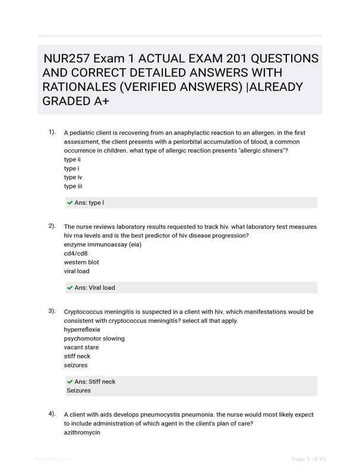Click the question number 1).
[52, 132]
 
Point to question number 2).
[52, 226]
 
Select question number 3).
[52, 311]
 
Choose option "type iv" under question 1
[73, 177]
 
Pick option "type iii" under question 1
[73, 186]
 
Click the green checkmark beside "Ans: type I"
[70, 203]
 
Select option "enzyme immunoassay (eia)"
[103, 244]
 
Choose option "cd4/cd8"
[76, 253]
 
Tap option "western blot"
[81, 262]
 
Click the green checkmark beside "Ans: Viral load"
[70, 288]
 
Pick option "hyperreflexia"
[82, 329]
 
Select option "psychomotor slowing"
[94, 338]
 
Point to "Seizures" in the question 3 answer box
[79, 391]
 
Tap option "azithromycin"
[82, 432]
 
